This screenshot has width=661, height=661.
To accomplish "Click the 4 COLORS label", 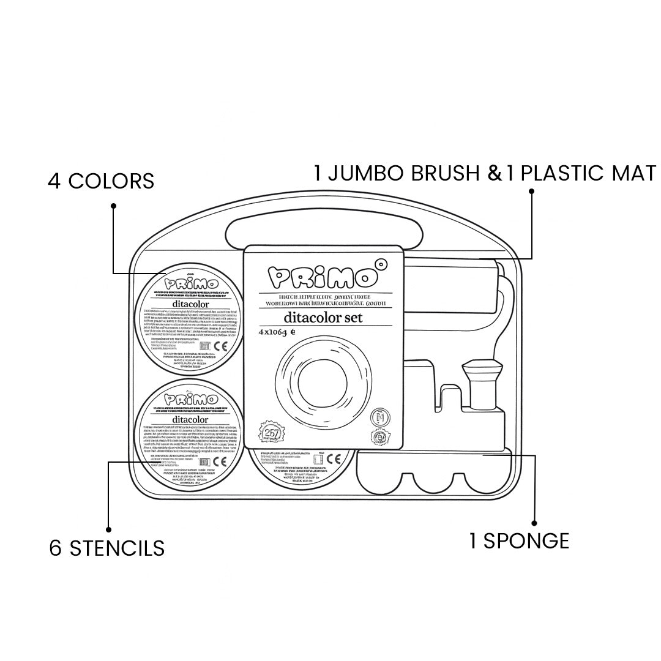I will click(x=101, y=182).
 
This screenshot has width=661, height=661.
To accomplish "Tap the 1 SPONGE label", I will click(x=519, y=541).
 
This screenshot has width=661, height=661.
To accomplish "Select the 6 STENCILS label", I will click(x=107, y=548).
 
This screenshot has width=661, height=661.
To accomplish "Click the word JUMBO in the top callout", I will click(x=365, y=173).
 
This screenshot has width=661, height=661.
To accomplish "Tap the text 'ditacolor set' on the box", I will click(x=323, y=317).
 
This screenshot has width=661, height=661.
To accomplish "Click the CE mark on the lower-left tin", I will click(x=222, y=461).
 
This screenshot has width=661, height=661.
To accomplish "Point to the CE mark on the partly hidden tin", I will click(x=334, y=459).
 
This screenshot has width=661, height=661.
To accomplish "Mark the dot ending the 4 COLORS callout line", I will click(x=113, y=206).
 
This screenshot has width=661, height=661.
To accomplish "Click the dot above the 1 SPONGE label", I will click(x=534, y=523).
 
